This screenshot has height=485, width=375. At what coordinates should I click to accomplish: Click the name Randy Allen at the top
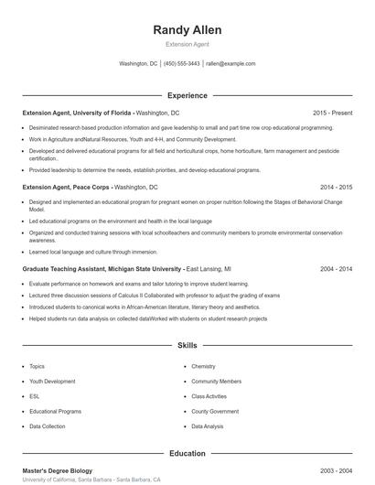187,30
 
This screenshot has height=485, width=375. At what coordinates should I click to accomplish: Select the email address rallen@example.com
230,64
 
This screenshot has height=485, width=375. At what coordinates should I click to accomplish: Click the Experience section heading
187,95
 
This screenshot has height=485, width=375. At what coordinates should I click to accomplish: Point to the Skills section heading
187,346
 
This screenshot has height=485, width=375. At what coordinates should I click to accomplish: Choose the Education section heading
187,453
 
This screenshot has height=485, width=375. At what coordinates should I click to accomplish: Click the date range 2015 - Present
332,113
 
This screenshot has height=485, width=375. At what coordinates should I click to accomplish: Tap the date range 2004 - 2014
336,270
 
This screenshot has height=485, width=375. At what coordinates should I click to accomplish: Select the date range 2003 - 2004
336,470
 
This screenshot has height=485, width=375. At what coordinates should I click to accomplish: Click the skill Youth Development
52,381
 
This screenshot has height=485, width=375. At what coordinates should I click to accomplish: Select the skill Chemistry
203,366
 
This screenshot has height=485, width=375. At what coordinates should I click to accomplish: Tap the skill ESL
35,396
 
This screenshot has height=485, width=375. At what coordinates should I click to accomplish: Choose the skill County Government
215,412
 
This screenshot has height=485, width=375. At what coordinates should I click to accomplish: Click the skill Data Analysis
208,426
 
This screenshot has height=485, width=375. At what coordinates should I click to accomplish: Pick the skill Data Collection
48,426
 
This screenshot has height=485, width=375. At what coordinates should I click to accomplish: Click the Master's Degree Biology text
58,470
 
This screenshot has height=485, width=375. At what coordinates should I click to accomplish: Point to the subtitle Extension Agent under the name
187,44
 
